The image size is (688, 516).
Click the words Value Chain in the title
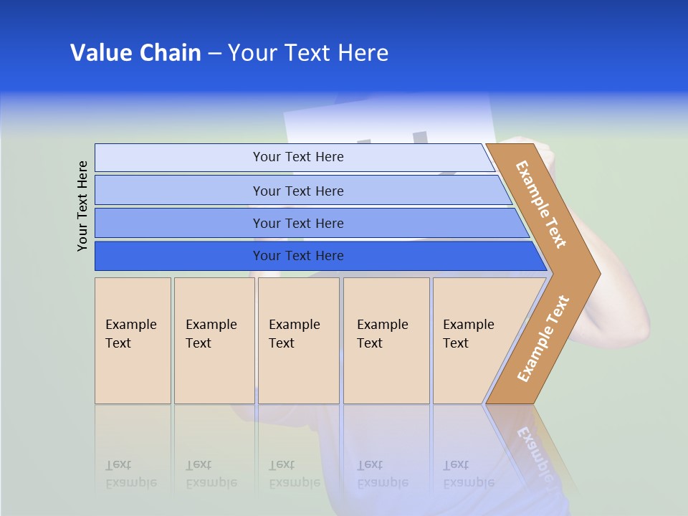(x=135, y=53)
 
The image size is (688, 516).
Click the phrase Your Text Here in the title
(x=308, y=53)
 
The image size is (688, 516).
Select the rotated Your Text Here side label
(x=82, y=206)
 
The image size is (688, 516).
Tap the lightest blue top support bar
(x=297, y=157)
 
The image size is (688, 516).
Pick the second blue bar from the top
(x=297, y=191)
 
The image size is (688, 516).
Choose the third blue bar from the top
(x=297, y=223)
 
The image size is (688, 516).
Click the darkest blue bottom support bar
(x=297, y=256)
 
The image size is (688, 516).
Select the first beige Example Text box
(x=133, y=340)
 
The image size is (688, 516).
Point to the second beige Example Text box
(x=214, y=340)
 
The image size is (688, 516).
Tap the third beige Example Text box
(x=297, y=340)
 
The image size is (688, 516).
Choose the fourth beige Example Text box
(x=386, y=340)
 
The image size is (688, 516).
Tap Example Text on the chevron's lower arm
(x=543, y=338)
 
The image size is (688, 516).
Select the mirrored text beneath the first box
(x=131, y=474)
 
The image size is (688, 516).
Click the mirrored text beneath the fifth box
(x=469, y=474)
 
